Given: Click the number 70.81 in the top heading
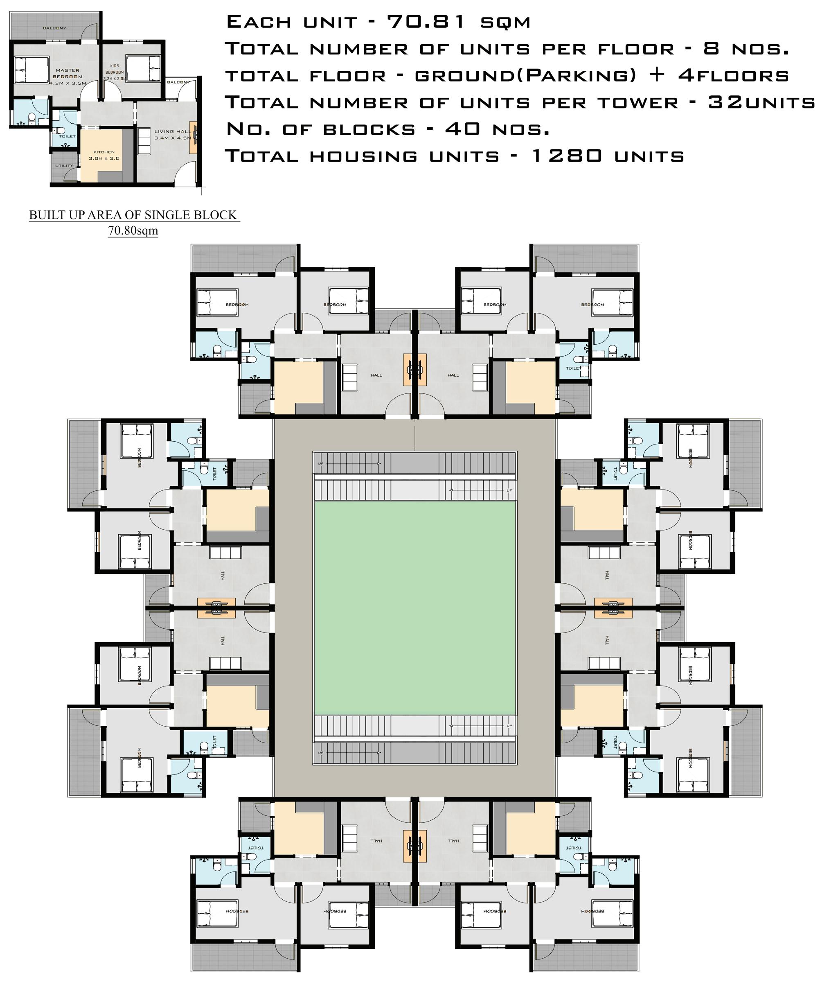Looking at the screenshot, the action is (x=426, y=22).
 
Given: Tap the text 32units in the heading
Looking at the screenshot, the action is (x=761, y=102).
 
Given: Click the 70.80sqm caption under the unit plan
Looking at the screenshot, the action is (x=133, y=231).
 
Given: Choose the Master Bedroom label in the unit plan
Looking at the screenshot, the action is (x=68, y=74).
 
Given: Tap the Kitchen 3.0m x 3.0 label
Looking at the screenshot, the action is (x=104, y=155).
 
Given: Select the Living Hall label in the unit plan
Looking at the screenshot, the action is (x=173, y=135).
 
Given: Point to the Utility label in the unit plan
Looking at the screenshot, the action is (x=64, y=166).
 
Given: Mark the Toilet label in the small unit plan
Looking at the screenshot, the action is (x=68, y=136).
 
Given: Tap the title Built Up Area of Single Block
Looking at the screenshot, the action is (x=133, y=215).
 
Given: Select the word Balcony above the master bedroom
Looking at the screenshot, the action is (x=55, y=28).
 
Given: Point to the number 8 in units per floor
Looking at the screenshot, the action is (x=712, y=49).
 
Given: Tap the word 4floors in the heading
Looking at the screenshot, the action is (x=734, y=75).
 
